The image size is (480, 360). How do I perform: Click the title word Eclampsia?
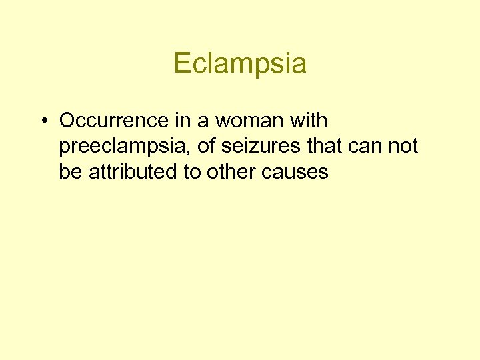pos(240,64)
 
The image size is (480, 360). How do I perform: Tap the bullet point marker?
pos(43,121)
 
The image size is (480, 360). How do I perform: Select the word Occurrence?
pos(111,121)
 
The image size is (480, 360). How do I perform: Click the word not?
pos(403,146)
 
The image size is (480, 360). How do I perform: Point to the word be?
pos(69,171)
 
